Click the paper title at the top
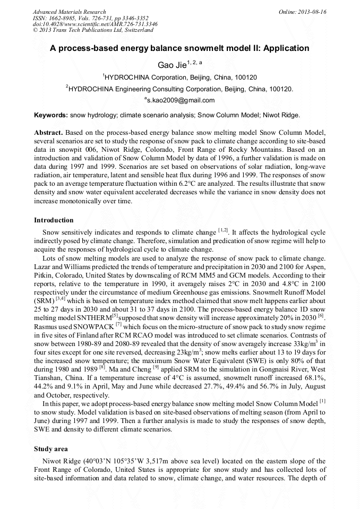click(x=179, y=48)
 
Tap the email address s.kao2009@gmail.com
click(x=181, y=100)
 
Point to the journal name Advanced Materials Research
click(x=69, y=12)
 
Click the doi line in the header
click(x=95, y=24)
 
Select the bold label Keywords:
click(x=51, y=115)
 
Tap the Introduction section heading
click(x=54, y=220)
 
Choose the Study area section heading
click(x=52, y=448)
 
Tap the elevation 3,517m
click(x=148, y=461)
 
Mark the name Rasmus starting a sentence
click(x=46, y=324)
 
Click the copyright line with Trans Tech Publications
click(x=93, y=30)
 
